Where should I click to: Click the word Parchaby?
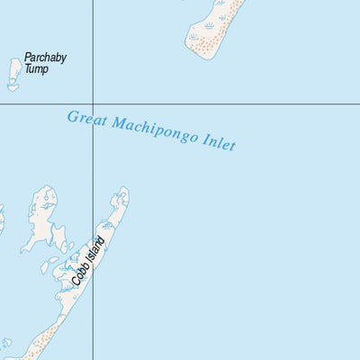coord(45,58)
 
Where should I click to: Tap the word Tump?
coord(36,68)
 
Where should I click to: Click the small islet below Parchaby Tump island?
coord(13,87)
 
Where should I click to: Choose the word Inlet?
coord(218,142)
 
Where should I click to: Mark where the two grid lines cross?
coord(94,104)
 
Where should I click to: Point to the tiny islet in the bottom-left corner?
coord(6,343)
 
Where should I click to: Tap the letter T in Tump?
coord(28,68)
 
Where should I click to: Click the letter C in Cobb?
coord(76,282)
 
